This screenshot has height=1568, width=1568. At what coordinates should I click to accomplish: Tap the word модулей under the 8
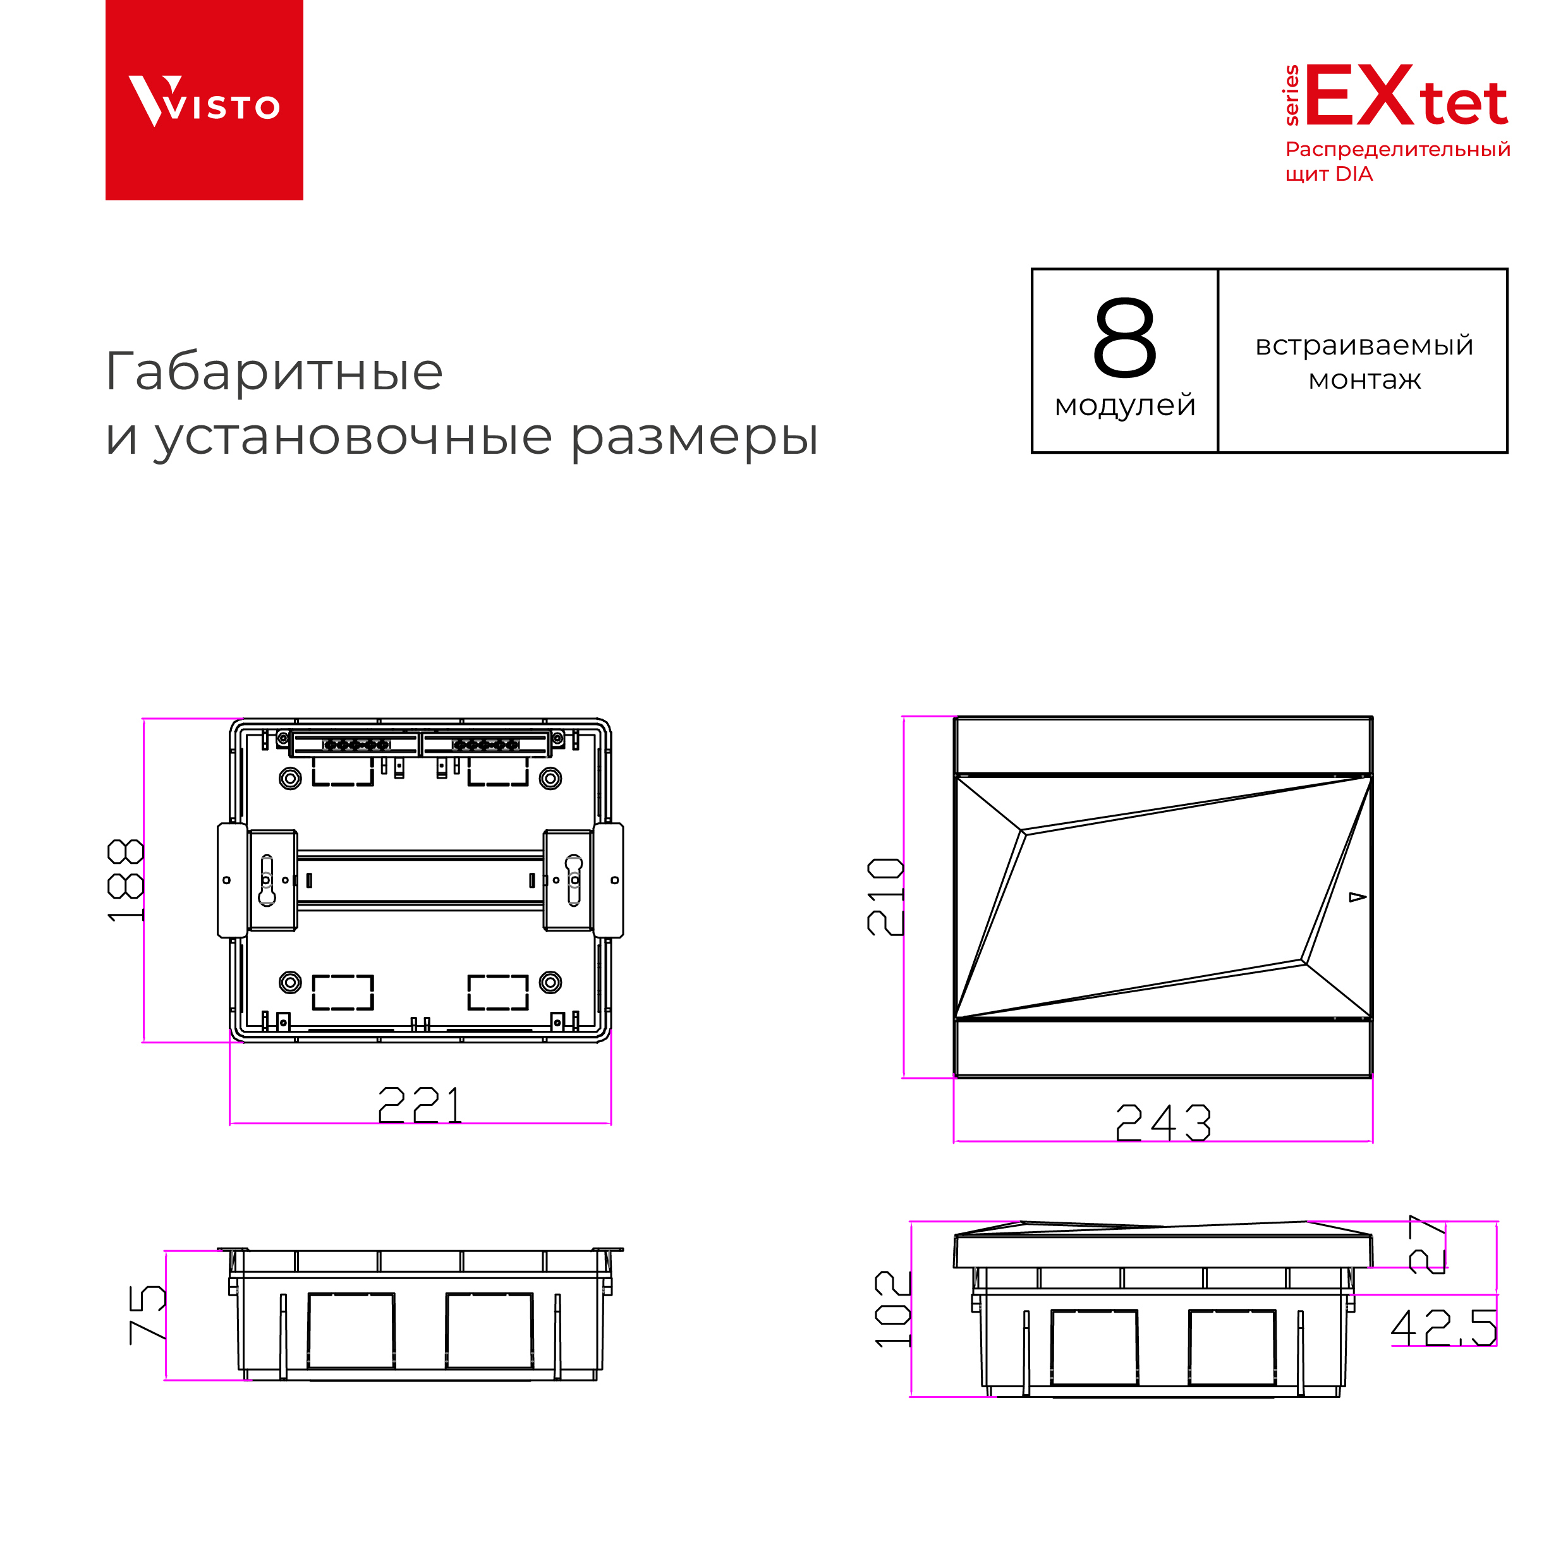click(1125, 404)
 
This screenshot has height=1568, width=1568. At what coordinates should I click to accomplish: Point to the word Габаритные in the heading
click(274, 372)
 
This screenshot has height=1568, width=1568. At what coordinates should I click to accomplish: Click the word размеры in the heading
click(694, 438)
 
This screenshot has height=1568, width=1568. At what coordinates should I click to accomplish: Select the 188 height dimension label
click(125, 880)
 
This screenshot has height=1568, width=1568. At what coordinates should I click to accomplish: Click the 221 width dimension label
click(420, 1105)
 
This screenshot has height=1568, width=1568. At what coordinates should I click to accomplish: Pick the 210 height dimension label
click(885, 896)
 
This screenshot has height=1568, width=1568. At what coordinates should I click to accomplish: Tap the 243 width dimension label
click(1163, 1122)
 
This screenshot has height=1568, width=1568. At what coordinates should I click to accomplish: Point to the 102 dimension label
click(893, 1309)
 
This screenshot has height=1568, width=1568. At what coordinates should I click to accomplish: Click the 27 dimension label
click(1428, 1245)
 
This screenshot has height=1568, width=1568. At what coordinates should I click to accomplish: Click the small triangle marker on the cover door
click(1357, 897)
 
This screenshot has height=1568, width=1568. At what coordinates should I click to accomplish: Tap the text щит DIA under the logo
click(1328, 174)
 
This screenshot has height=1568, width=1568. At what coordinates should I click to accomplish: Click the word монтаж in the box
click(1364, 380)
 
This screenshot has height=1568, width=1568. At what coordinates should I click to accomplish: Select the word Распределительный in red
click(1397, 150)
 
